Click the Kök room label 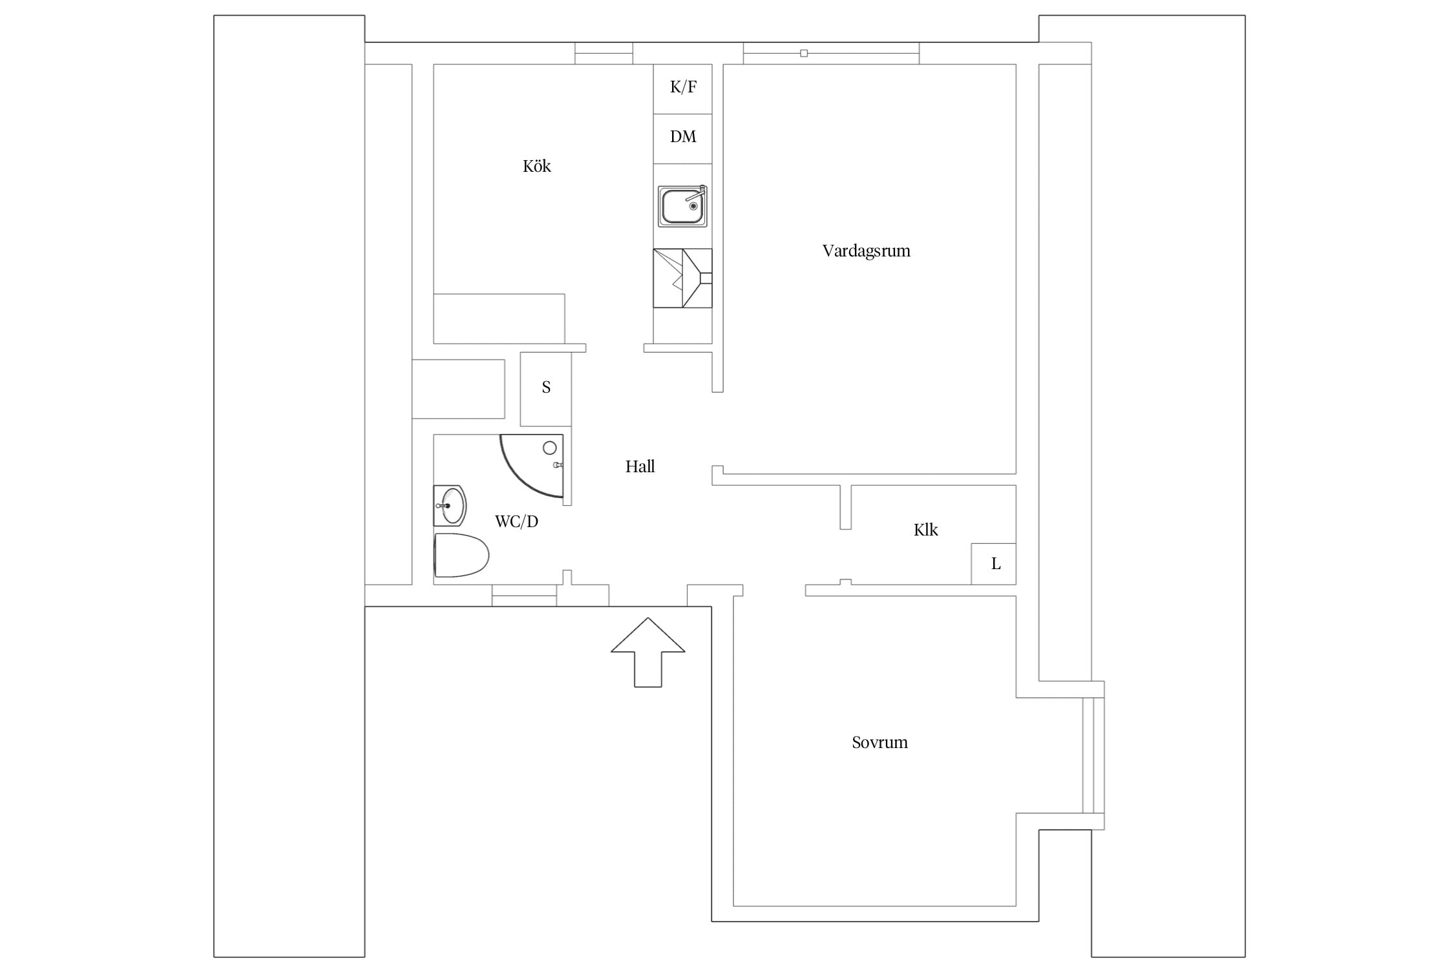pos(536,166)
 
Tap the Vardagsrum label pos(866,251)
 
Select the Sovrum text pos(880,742)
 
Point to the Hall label pos(640,466)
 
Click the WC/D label pos(516,521)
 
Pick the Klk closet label pos(925,530)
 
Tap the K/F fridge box pos(682,89)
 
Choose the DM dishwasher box pos(682,139)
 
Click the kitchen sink pos(682,206)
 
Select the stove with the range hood pos(682,278)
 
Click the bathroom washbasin pos(450,505)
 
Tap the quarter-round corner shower pos(532,466)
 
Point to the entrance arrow pos(648,652)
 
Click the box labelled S pos(545,389)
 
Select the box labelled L pos(993,564)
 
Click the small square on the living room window pos(804,53)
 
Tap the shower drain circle pos(550,448)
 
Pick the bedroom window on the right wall pos(1093,755)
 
